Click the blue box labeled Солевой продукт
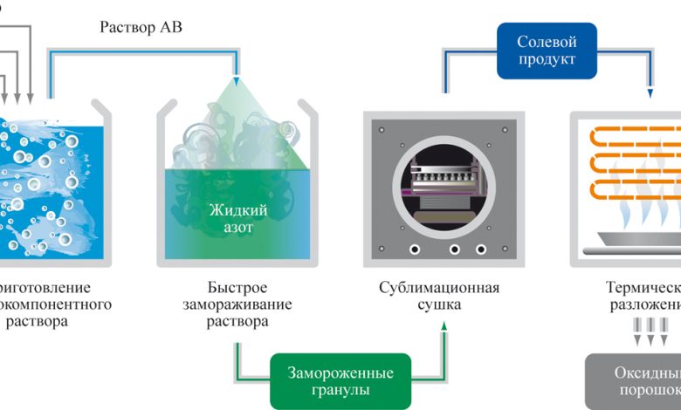coord(547,51)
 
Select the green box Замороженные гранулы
coord(340,381)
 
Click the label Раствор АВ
coord(140,27)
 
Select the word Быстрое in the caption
coord(237,287)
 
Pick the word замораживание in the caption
coord(237,304)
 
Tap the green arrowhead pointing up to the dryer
coord(444,326)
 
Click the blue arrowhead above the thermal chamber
coord(649,92)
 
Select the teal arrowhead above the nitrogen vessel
coord(237,81)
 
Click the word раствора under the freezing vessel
coord(237,322)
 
